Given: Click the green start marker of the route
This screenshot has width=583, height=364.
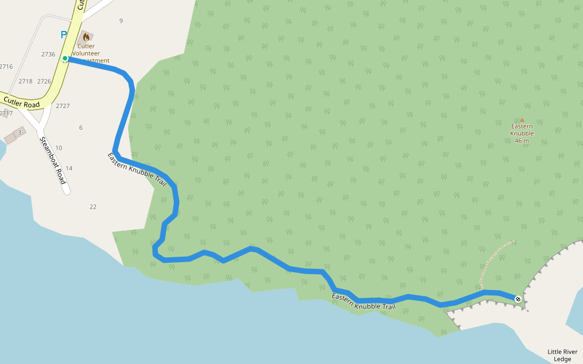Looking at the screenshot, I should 65,58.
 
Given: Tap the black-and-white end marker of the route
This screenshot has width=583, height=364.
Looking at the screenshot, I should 517,298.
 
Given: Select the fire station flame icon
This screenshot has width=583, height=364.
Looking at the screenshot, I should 86,37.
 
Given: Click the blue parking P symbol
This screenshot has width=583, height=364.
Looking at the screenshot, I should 64,35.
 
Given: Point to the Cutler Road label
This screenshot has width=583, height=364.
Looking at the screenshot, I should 21,102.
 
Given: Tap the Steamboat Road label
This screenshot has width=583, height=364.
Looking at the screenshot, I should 52,160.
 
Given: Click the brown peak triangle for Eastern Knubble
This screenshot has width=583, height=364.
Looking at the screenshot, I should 522,120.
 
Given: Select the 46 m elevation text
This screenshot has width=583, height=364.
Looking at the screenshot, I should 522,141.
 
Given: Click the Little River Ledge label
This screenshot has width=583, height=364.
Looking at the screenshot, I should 562,355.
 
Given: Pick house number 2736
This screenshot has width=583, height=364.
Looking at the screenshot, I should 49,54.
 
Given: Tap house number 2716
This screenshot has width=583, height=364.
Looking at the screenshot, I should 6,67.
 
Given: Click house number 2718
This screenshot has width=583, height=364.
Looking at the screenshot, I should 26,81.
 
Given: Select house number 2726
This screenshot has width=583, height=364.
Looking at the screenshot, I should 44,81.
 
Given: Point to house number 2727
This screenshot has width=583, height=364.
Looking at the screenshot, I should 63,106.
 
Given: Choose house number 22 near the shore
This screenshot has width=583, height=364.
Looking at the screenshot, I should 93,207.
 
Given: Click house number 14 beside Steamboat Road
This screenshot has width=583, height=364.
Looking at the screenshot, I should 69,168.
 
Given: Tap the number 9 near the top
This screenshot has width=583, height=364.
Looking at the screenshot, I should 121,21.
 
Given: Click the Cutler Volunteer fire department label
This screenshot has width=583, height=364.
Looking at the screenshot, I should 89,53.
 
